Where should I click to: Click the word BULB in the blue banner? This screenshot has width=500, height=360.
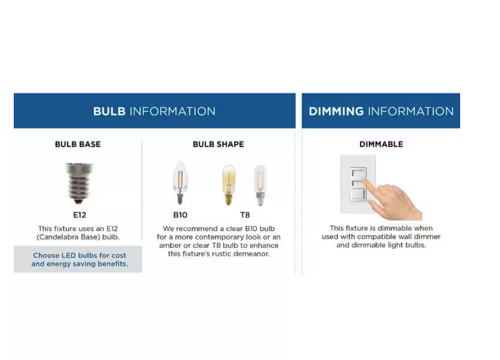point(109,111)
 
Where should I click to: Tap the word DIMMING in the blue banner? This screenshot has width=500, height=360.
point(336,111)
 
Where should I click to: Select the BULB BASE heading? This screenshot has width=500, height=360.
point(78,144)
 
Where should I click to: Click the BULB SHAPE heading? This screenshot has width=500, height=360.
point(218,144)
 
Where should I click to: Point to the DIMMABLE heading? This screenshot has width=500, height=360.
point(381,144)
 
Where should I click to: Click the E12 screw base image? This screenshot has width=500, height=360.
point(79,183)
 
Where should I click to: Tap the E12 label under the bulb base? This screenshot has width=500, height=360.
point(80,215)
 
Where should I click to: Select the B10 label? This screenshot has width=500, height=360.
point(180,215)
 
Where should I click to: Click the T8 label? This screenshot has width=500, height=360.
point(245,215)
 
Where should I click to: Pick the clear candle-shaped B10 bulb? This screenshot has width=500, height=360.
point(180,182)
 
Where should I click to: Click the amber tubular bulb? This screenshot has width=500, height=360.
point(229,185)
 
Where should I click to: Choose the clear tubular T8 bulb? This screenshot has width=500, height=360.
point(260,185)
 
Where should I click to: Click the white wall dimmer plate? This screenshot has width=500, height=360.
point(358,184)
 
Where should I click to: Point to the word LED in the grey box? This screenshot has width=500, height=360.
point(69,256)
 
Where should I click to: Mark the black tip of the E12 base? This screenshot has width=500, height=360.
point(79,201)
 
